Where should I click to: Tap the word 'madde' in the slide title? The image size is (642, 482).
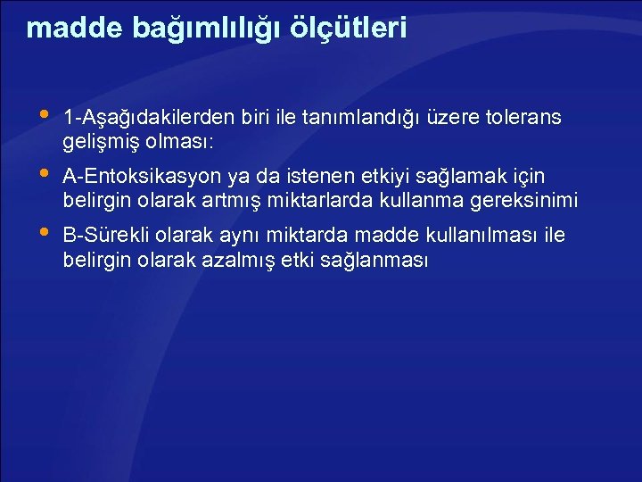63,28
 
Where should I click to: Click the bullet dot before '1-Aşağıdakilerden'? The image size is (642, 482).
45,115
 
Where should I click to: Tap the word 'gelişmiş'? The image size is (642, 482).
97,143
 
